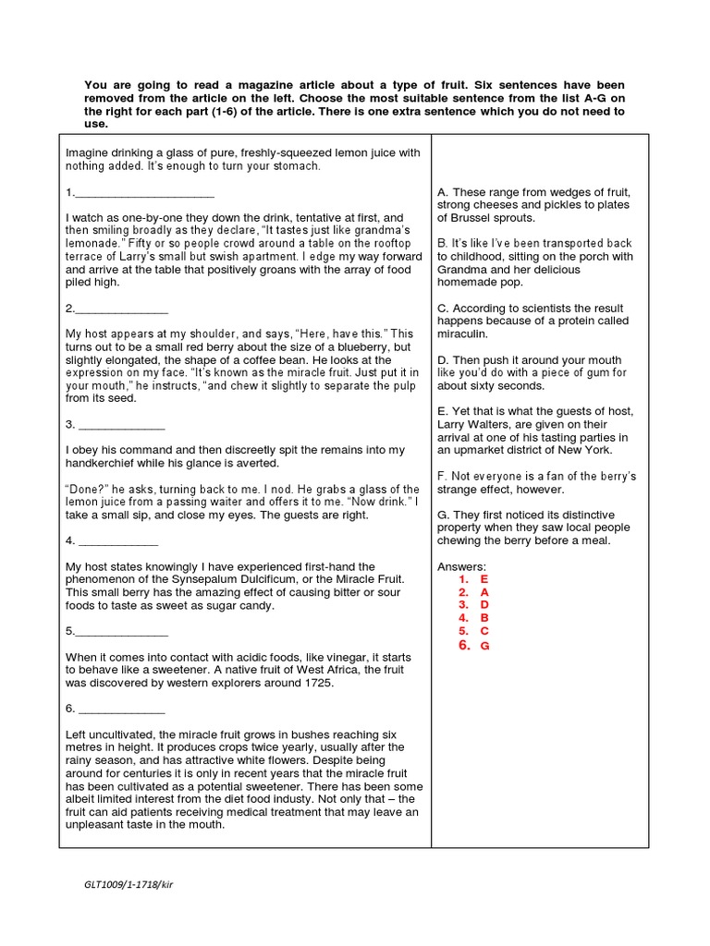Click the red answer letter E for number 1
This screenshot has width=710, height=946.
tap(484, 578)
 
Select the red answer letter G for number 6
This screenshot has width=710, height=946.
tap(484, 646)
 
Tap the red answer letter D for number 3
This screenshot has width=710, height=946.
tap(484, 604)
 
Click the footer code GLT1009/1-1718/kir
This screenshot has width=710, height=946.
tap(129, 883)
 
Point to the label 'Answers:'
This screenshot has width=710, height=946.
tap(460, 565)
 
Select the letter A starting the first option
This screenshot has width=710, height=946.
tap(442, 192)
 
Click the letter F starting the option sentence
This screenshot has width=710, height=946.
tap(442, 476)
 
